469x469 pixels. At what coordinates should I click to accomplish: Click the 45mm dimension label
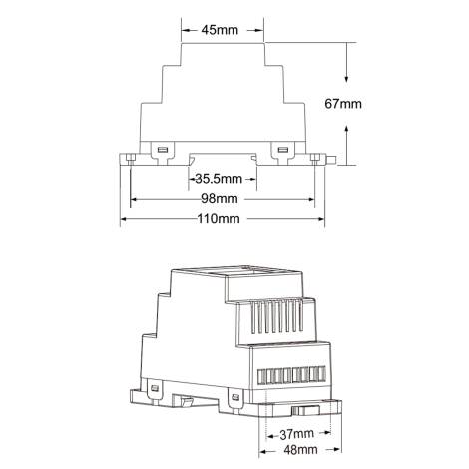(220, 30)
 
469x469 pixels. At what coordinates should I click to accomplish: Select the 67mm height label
(344, 103)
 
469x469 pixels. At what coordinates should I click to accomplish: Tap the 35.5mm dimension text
(219, 179)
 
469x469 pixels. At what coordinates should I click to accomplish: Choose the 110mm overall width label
(219, 219)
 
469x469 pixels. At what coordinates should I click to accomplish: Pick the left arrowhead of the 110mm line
(124, 219)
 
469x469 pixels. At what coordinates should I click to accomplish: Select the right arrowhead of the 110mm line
(320, 219)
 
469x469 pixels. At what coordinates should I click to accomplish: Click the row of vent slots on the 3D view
(270, 318)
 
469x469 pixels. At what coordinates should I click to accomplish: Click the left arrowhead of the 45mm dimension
(184, 30)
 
